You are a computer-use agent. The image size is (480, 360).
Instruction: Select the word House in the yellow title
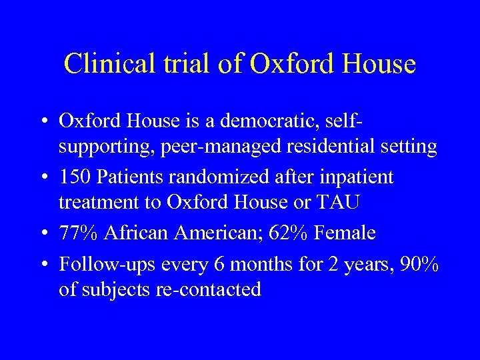(381, 64)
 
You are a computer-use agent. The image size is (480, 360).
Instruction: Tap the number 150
(75, 177)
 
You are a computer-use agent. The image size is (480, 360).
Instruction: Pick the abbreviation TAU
(344, 201)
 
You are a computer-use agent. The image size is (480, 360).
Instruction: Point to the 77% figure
(79, 233)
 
